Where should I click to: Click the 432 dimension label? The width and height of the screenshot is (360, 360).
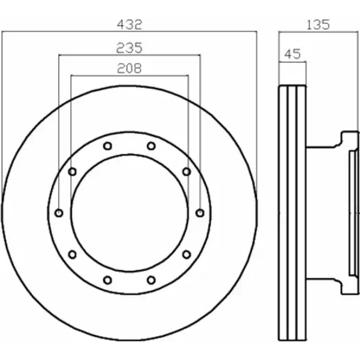point(130,25)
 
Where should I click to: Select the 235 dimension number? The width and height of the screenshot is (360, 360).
point(130,48)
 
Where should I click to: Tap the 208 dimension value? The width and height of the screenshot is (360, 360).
point(130,68)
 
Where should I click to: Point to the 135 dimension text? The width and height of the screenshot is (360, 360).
point(318,25)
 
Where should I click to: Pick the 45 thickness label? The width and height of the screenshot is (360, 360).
point(292,54)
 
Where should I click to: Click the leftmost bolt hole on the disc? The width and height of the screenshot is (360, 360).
point(59,213)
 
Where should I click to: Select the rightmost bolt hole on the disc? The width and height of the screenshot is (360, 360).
point(200,213)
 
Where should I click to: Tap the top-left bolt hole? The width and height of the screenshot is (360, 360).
point(107,146)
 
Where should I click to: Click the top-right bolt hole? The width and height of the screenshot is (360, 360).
point(151,146)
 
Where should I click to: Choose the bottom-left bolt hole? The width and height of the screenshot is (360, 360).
point(107,280)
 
